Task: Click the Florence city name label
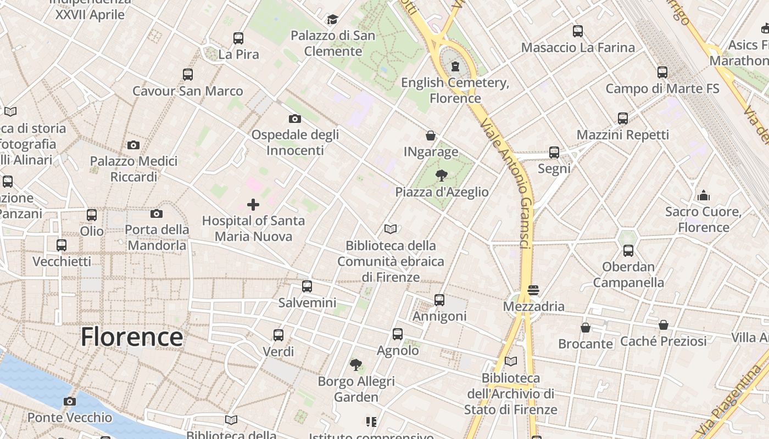(132, 336)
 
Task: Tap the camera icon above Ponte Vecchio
(69, 401)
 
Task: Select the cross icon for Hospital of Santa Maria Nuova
(253, 205)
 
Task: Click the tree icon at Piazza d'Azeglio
(441, 176)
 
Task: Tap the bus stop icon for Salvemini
(307, 286)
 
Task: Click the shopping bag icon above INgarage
(431, 135)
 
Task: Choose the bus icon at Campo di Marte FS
(662, 72)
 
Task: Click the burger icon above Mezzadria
(533, 290)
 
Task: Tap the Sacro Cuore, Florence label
(704, 219)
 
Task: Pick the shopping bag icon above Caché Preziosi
(664, 325)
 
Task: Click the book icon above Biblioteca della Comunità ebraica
(391, 229)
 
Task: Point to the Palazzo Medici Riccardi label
(134, 169)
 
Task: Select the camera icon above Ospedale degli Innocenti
(295, 119)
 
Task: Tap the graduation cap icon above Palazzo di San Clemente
(332, 20)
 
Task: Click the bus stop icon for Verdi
(278, 335)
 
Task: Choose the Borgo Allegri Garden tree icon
(356, 364)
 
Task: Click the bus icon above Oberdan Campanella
(628, 251)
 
